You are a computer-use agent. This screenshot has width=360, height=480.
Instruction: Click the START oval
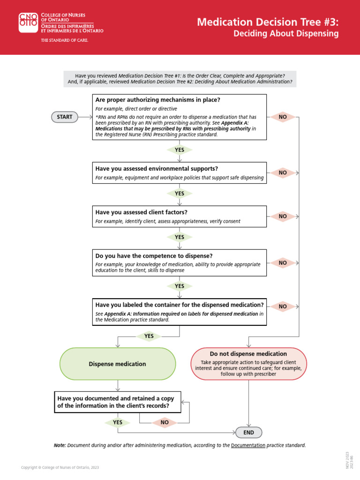coord(65,117)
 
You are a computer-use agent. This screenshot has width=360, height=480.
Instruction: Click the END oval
coord(248,432)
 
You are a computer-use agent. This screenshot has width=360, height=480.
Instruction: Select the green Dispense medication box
coord(118,364)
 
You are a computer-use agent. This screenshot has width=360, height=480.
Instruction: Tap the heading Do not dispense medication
coord(248,354)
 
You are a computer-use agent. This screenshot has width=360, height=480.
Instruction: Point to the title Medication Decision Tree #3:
coord(267,22)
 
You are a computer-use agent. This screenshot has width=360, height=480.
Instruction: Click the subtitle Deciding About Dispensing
coord(286,34)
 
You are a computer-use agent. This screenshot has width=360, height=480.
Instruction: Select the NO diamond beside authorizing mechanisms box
coord(283,117)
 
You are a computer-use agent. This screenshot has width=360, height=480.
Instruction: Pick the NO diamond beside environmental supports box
coord(283,172)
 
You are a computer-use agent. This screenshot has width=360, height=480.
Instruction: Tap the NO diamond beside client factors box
coord(283,216)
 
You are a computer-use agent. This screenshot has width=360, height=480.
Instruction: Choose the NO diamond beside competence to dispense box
coord(283,263)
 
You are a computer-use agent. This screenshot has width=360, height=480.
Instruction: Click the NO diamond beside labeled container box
coord(283,307)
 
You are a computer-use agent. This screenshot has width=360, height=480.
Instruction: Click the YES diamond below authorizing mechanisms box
coord(180,150)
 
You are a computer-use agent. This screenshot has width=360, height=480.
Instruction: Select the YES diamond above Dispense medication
coord(149,336)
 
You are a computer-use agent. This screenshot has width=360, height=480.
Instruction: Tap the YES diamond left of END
coord(118,422)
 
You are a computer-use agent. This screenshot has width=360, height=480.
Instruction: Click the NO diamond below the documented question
coord(165,422)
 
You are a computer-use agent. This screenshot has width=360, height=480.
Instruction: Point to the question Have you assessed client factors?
coord(142,212)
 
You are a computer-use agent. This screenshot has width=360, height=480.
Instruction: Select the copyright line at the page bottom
coord(60,467)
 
